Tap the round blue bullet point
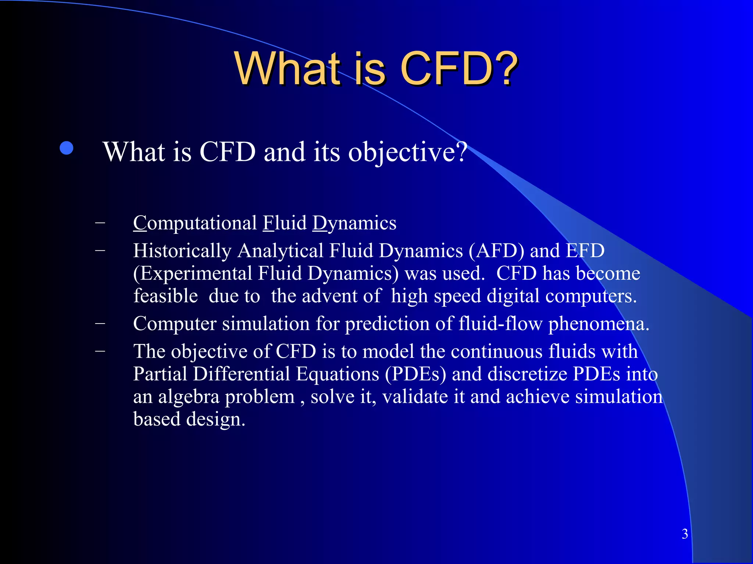coord(67,148)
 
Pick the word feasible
coord(165,296)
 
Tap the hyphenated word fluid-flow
coord(500,324)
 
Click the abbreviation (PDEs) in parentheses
coord(415,375)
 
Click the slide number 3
coord(685,534)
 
